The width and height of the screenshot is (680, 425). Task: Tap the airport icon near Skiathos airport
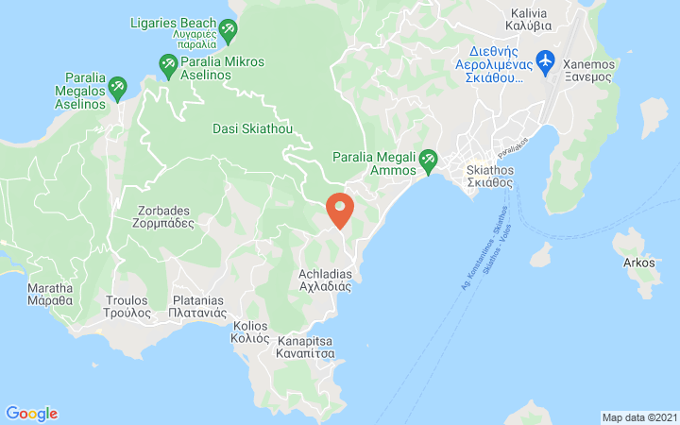(544, 61)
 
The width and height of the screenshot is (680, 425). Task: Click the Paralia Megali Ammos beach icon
(428, 160)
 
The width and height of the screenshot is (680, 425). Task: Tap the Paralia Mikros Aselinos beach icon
(168, 64)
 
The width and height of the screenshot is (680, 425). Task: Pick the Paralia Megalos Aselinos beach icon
(117, 88)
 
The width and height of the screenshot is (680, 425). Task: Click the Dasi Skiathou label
(253, 128)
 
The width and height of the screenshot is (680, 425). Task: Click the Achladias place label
(325, 280)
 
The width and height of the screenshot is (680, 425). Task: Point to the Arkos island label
(639, 263)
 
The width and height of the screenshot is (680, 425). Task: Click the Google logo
(32, 414)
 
